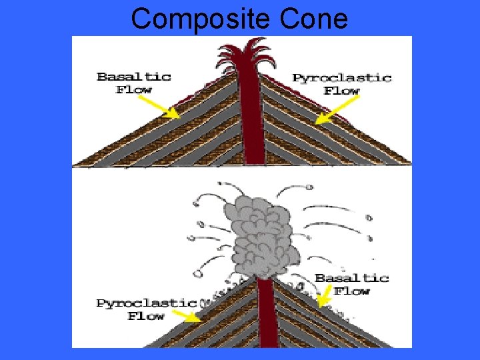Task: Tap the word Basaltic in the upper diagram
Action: click(x=134, y=76)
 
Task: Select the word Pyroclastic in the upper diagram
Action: click(x=341, y=77)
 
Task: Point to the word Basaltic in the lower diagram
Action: click(x=351, y=277)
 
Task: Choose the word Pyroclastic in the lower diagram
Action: click(x=146, y=303)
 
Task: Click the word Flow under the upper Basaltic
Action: click(x=134, y=90)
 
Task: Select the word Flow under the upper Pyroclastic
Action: click(x=342, y=91)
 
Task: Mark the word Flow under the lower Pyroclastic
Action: click(x=146, y=316)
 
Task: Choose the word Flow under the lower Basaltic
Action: click(x=351, y=291)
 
